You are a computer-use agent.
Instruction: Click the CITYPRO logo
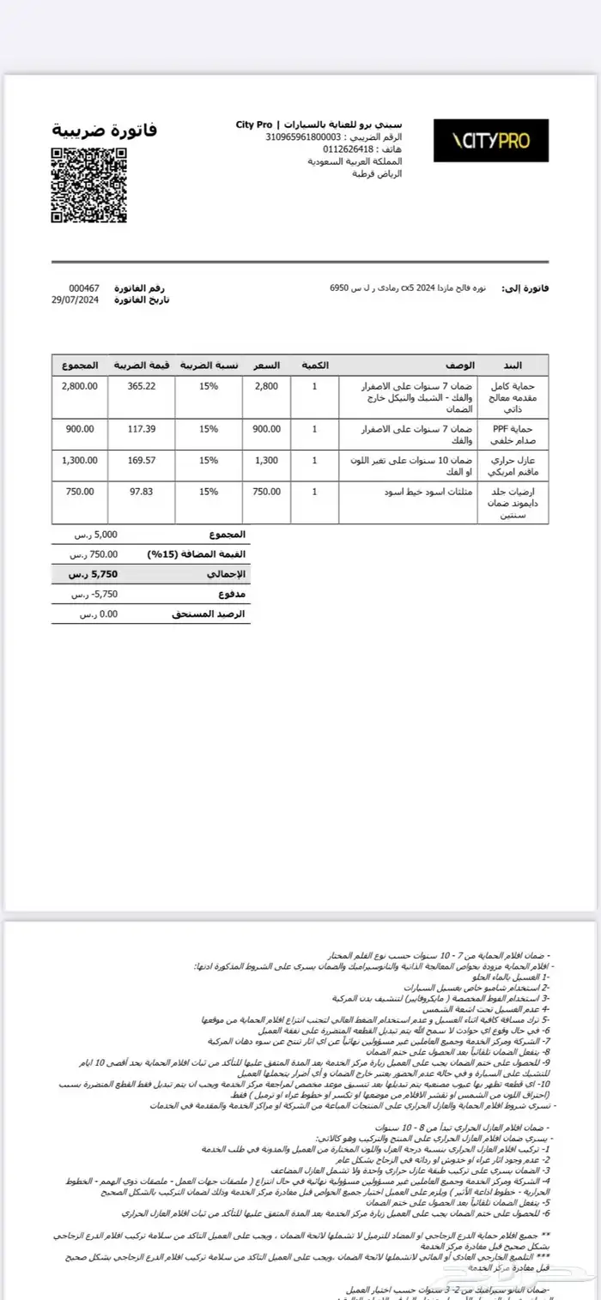point(490,141)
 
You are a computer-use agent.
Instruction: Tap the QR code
point(89,184)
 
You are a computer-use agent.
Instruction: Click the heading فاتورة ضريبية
point(105,130)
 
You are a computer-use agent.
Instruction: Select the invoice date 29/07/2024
point(76,299)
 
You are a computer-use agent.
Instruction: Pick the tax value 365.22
point(141,386)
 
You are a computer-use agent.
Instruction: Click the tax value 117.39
point(141,428)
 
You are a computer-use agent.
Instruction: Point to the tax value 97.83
point(141,492)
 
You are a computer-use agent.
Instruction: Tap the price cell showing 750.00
point(266,492)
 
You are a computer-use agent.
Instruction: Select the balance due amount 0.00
point(99,614)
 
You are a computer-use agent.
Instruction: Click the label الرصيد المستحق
point(214,614)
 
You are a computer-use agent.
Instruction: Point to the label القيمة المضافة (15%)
point(197,554)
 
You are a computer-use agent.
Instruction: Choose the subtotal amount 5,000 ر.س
point(99,534)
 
